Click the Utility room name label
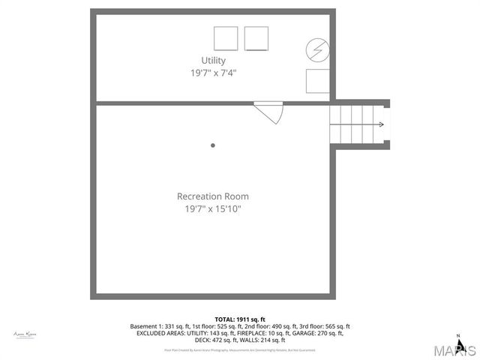click(213, 60)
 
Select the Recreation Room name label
click(213, 196)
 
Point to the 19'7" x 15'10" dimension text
click(213, 209)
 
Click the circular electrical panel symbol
click(316, 50)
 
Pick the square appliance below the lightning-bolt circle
click(317, 80)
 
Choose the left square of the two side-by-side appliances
click(226, 38)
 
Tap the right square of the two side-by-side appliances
click(256, 38)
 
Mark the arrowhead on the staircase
click(382, 124)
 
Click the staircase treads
click(352, 124)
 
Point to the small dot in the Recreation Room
click(213, 145)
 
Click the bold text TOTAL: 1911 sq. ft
click(240, 319)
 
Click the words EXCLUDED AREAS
click(160, 333)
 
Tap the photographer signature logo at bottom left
click(25, 334)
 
